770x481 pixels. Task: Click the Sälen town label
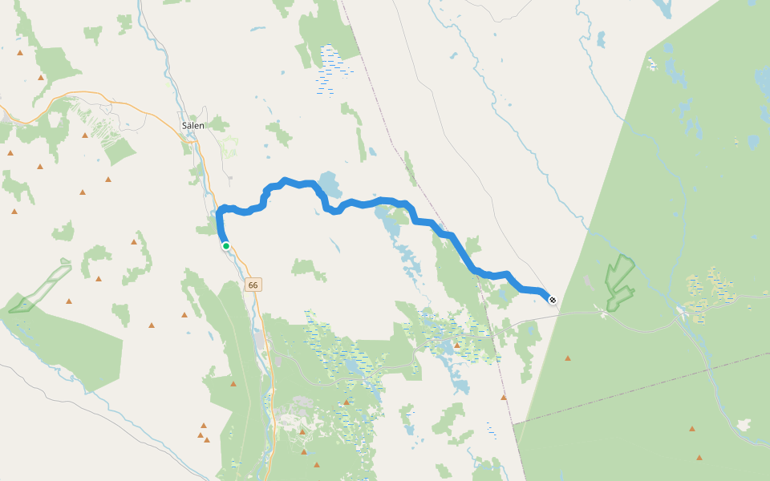[x=192, y=125]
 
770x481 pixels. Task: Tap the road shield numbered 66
[x=254, y=285]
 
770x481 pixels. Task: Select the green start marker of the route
[x=226, y=246]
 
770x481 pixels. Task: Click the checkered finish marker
[x=552, y=300]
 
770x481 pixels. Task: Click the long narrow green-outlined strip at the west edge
[x=40, y=285]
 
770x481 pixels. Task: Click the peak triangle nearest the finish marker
[x=568, y=358]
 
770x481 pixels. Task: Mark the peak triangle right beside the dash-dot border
[x=504, y=397]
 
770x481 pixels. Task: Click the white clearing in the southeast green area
[x=745, y=424]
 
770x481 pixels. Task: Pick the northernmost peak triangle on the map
[x=20, y=52]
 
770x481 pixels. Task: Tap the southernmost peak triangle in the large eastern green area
[x=699, y=458]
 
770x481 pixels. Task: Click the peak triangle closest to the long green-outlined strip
[x=69, y=301]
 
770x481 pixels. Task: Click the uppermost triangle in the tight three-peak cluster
[x=204, y=425]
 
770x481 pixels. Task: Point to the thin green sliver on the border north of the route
[x=411, y=168]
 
